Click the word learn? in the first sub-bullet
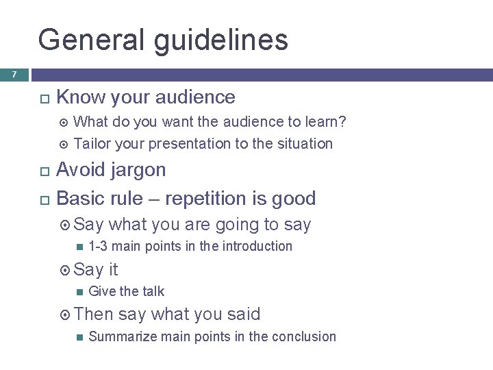(325, 122)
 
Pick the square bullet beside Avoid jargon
(42, 171)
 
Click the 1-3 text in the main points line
(97, 246)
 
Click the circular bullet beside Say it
(66, 270)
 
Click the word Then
(94, 314)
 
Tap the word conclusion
(305, 336)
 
